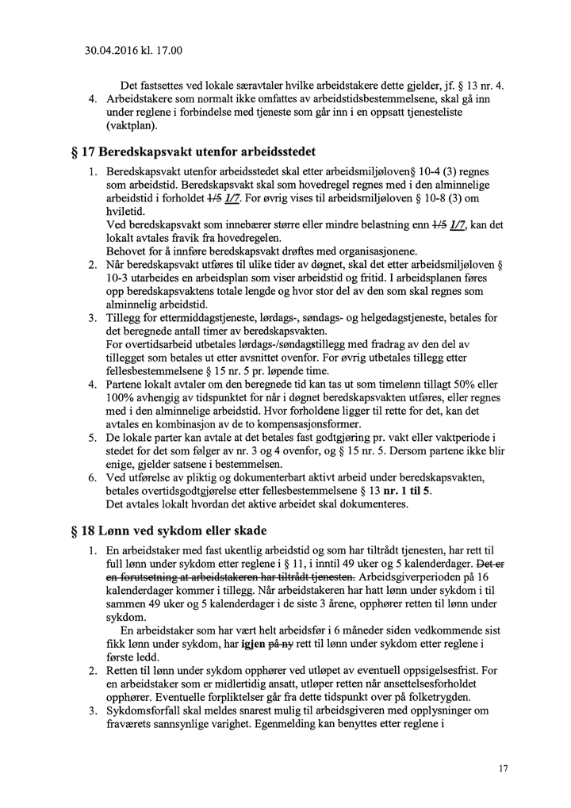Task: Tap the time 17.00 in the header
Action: click(x=169, y=52)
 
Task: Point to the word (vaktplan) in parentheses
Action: click(x=132, y=127)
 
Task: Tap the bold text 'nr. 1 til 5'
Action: click(x=402, y=491)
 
